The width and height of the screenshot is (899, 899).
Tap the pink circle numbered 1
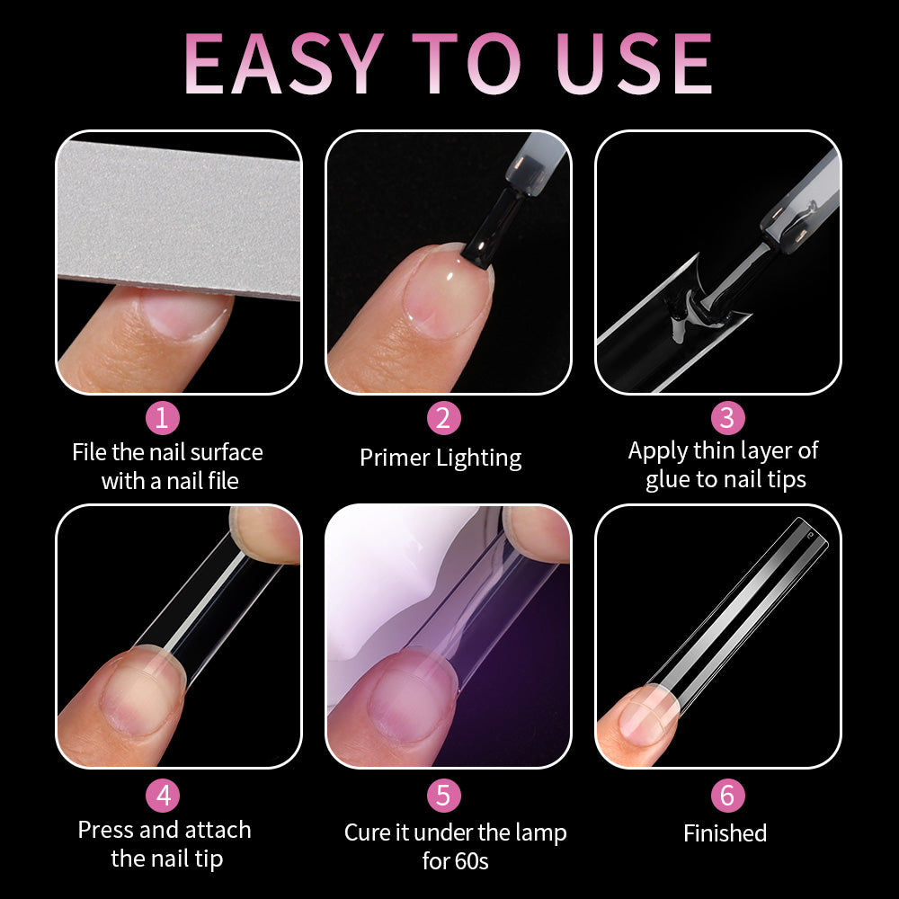pos(163,418)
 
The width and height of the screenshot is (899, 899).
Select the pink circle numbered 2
pos(443,418)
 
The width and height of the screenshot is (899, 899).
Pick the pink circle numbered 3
pos(726,418)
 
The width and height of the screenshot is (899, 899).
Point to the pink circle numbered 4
pos(163,796)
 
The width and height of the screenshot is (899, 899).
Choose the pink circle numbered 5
pos(443,796)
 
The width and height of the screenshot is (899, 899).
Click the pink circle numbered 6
pos(726,796)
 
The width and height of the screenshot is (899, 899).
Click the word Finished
pos(725,833)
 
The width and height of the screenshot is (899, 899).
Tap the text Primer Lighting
pos(441,458)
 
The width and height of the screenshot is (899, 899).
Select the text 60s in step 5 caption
pos(468,861)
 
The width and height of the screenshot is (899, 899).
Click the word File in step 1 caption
pos(89,451)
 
